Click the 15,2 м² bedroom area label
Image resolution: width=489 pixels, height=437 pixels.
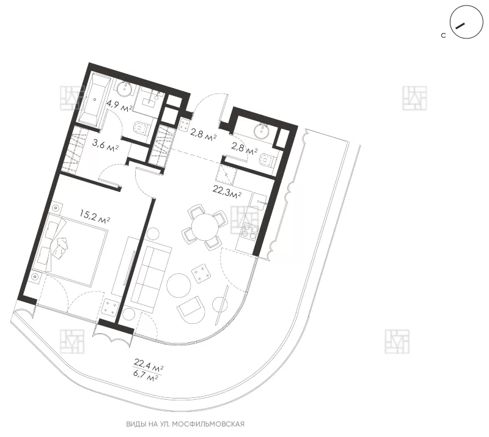click(95, 216)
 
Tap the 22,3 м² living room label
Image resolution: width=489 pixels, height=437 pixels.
click(227, 191)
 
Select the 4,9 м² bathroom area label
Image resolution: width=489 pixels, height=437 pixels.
click(119, 106)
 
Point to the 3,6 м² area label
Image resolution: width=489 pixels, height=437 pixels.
click(105, 144)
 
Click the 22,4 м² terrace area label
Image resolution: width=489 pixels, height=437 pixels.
click(149, 365)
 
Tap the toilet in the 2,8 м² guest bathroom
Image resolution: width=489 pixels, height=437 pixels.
click(267, 161)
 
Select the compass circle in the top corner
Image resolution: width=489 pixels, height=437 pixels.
click(466, 22)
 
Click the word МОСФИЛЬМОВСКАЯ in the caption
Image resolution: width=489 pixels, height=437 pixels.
click(208, 424)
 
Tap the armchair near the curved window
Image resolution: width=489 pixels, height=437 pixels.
click(189, 307)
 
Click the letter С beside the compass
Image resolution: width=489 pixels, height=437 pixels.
click(444, 36)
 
